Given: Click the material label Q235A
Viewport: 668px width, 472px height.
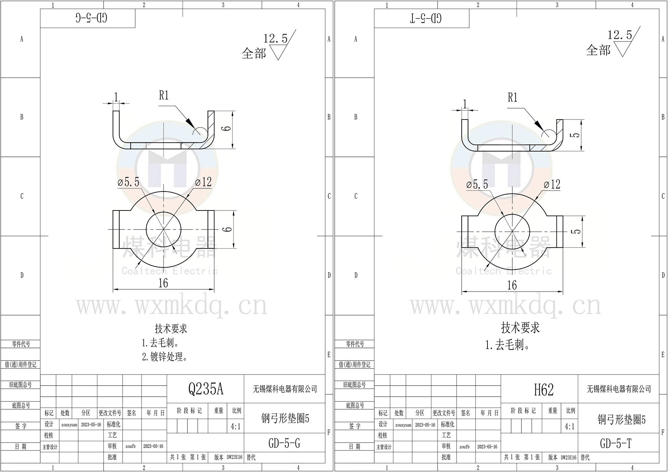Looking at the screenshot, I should (206, 389).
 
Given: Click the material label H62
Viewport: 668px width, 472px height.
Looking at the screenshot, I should (543, 389).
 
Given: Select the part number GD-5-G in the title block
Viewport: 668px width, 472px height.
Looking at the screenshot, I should (284, 443).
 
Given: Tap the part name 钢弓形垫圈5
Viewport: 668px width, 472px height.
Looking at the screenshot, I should (285, 419).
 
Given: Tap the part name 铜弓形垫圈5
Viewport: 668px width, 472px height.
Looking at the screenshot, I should (621, 419).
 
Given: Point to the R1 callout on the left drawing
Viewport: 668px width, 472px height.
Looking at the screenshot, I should (164, 96).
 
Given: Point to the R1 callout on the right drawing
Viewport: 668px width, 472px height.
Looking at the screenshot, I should (513, 98).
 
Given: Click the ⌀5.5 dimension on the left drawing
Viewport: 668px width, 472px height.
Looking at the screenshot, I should (129, 182).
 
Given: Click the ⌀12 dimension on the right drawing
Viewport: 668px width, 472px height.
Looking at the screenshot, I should (552, 185).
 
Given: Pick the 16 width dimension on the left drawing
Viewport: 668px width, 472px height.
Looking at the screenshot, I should (163, 283).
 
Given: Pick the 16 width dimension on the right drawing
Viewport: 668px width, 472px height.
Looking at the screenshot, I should (512, 285).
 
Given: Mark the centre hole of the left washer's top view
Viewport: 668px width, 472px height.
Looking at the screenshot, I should (163, 229).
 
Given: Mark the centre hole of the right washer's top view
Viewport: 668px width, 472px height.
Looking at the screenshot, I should (512, 231).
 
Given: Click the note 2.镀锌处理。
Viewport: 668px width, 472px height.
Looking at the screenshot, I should (165, 357).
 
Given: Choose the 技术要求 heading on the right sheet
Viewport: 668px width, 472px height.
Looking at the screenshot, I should (520, 327).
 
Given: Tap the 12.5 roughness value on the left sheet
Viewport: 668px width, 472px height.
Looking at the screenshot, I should (275, 38).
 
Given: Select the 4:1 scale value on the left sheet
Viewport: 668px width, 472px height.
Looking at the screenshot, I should (235, 427).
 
